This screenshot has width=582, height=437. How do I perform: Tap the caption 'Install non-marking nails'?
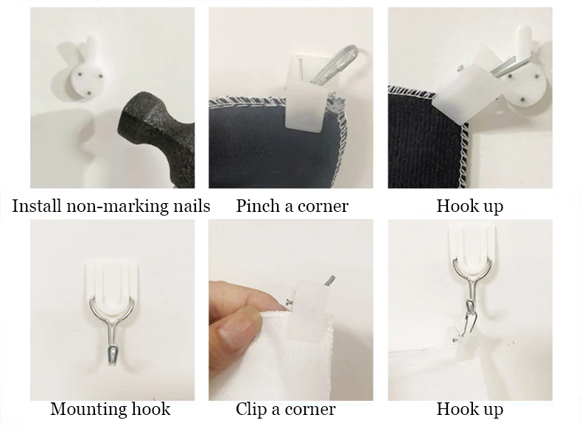[x=111, y=206]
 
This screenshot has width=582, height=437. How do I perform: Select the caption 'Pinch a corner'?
[x=292, y=206]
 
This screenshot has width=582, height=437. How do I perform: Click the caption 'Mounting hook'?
[x=111, y=409]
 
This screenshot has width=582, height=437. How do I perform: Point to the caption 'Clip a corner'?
[x=285, y=409]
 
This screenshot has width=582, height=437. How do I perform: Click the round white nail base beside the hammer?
[x=86, y=81]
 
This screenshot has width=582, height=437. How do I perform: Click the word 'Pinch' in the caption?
[x=258, y=206]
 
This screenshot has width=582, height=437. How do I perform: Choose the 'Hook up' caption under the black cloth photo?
[x=469, y=207]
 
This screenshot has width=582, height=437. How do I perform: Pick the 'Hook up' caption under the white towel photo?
[x=469, y=410]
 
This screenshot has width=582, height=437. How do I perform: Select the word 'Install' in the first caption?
[x=36, y=206]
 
